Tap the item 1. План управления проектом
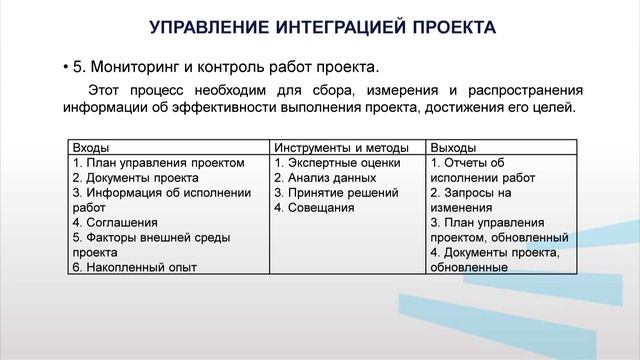click(x=158, y=163)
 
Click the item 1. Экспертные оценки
click(x=337, y=163)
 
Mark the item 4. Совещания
click(x=314, y=208)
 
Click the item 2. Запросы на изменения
click(x=470, y=200)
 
